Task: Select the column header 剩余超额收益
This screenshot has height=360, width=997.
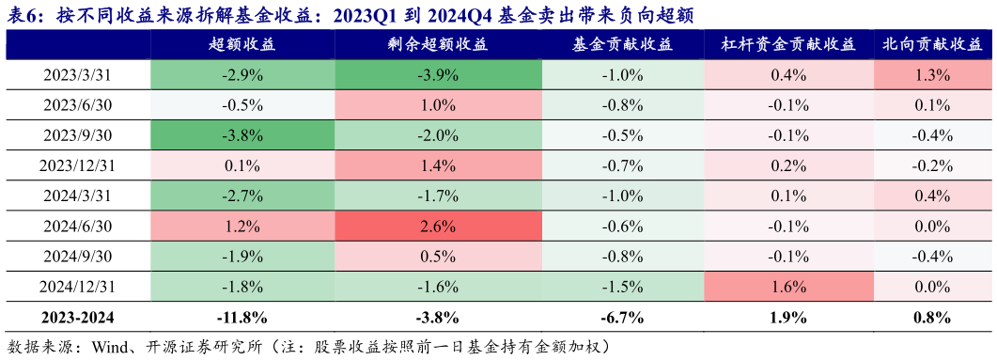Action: (x=438, y=45)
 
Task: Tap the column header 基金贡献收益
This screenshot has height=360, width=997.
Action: (x=622, y=45)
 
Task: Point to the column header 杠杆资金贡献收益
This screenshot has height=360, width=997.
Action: (x=788, y=45)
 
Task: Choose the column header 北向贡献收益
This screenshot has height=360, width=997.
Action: (x=932, y=45)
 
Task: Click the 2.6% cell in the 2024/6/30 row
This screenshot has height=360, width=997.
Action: (x=438, y=227)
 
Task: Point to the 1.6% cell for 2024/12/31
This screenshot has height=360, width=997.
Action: (x=788, y=287)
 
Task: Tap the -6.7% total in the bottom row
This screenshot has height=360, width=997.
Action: (x=622, y=317)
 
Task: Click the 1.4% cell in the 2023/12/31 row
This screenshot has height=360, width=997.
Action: (x=438, y=166)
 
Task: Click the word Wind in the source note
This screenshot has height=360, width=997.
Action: (x=111, y=346)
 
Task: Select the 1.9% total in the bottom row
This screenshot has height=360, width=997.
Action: (x=788, y=317)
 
